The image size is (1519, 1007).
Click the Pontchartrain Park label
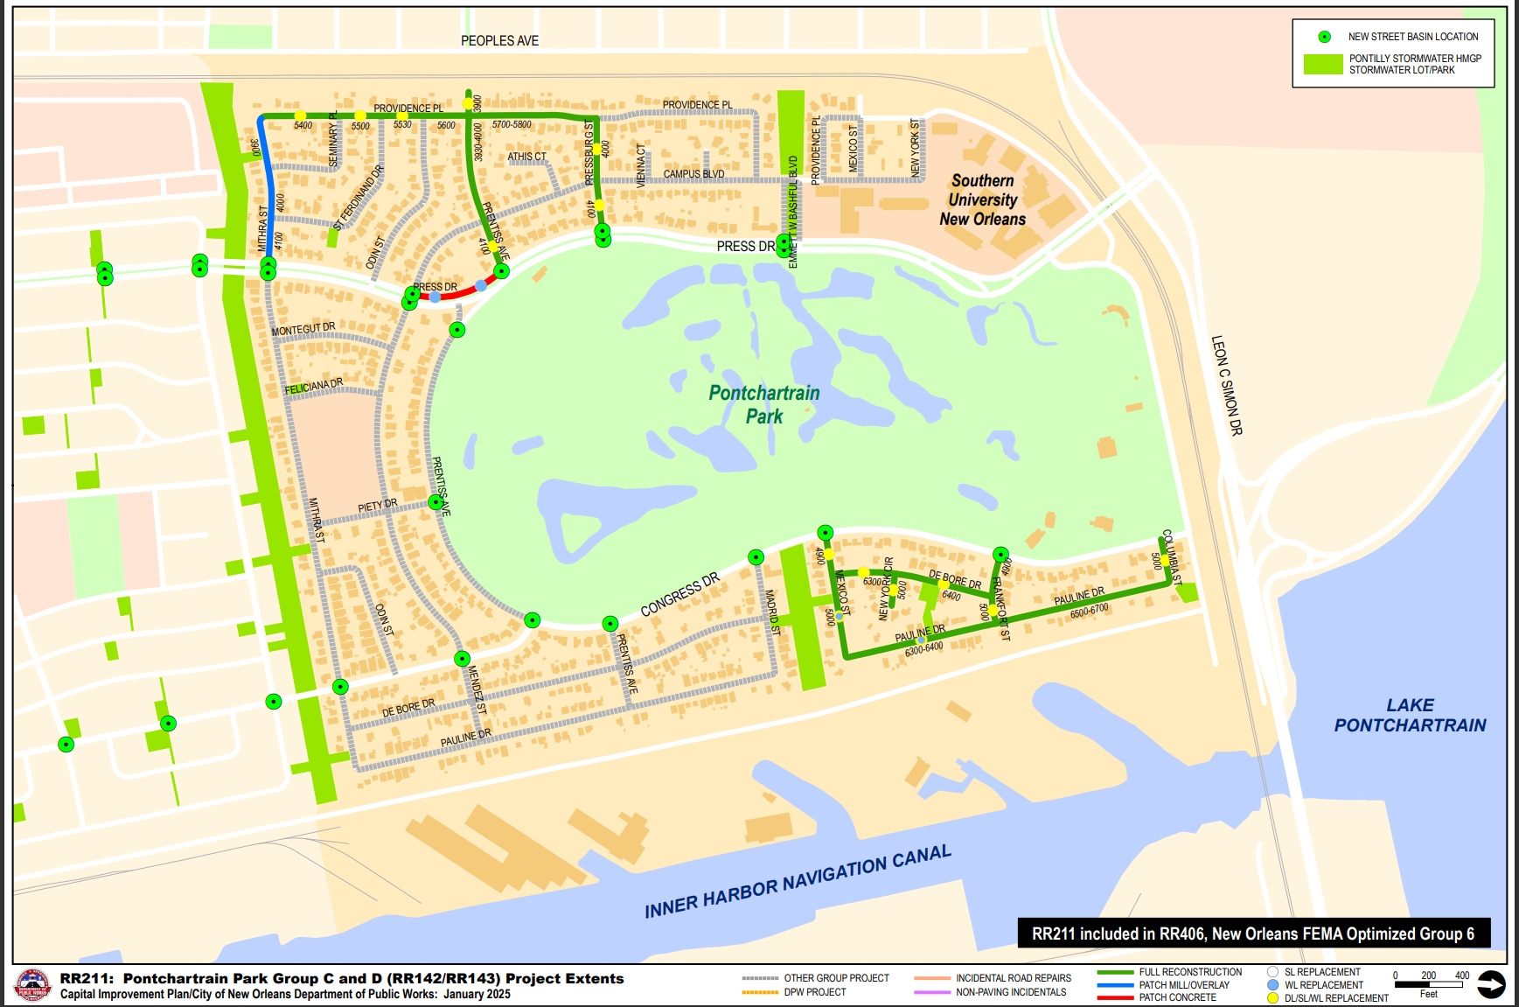pos(763,404)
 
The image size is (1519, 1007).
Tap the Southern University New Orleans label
pos(982,200)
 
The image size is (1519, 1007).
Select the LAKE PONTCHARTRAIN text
pos(1409,715)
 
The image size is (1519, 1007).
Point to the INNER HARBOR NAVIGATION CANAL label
pos(797,882)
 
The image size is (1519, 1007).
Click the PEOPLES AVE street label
pos(499,41)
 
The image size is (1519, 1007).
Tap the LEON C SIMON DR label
pos(1226,385)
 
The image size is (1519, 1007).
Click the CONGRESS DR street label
pos(679,595)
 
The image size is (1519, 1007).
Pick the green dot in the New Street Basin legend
pos(1324,37)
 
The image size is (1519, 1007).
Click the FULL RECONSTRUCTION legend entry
pos(1189,972)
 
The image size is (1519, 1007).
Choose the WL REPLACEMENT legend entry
pos(1323,985)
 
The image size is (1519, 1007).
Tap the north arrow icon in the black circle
pos(1491,985)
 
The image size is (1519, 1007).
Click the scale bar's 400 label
pos(1461,976)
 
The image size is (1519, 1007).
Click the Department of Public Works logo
pos(33,986)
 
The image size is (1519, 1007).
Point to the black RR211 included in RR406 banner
pos(1253,934)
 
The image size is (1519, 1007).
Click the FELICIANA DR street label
pos(313,387)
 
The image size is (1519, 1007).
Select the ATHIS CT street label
pos(526,157)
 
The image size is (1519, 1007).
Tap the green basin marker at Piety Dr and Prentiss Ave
pos(435,502)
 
